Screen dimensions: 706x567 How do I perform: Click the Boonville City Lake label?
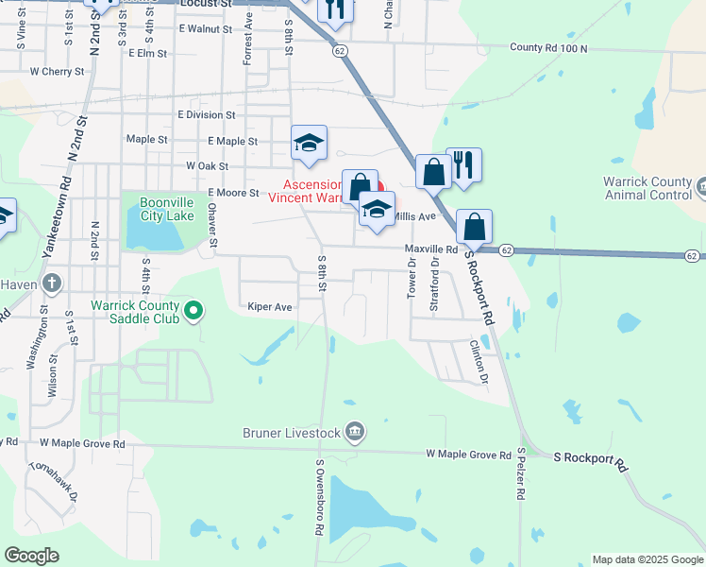click(167, 209)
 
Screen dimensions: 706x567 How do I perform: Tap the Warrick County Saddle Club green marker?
click(194, 309)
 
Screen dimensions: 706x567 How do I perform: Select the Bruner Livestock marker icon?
click(355, 432)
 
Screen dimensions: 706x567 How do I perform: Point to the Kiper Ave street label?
click(270, 307)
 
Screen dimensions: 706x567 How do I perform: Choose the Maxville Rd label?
click(431, 249)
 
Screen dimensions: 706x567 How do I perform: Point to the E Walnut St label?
click(205, 29)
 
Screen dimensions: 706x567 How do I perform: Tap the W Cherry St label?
click(58, 71)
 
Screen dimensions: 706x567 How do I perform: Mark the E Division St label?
click(205, 115)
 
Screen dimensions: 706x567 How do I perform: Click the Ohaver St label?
click(213, 228)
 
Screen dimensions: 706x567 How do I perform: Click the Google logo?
click(31, 556)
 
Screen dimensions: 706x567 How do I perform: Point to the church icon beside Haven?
click(51, 282)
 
